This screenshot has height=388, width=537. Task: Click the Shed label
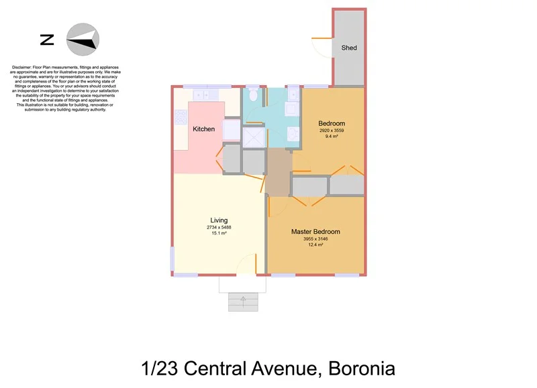point(349,48)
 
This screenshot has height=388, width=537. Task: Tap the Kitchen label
point(203,129)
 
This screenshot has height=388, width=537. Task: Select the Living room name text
point(219,220)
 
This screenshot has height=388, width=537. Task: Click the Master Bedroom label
point(315,232)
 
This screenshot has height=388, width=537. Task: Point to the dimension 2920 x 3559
point(332,131)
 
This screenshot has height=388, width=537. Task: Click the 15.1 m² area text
point(219,233)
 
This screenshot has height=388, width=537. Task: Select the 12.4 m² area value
point(315,245)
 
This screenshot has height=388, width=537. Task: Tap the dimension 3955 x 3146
point(315,239)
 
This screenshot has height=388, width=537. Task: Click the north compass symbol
point(83,40)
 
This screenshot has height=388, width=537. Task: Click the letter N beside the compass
point(47,40)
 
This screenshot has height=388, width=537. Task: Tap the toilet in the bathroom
point(252,95)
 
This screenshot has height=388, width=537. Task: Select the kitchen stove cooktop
point(181,117)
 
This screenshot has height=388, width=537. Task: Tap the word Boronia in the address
point(362,368)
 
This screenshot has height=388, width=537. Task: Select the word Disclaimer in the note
point(23,68)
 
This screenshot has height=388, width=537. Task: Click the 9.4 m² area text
point(332,137)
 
